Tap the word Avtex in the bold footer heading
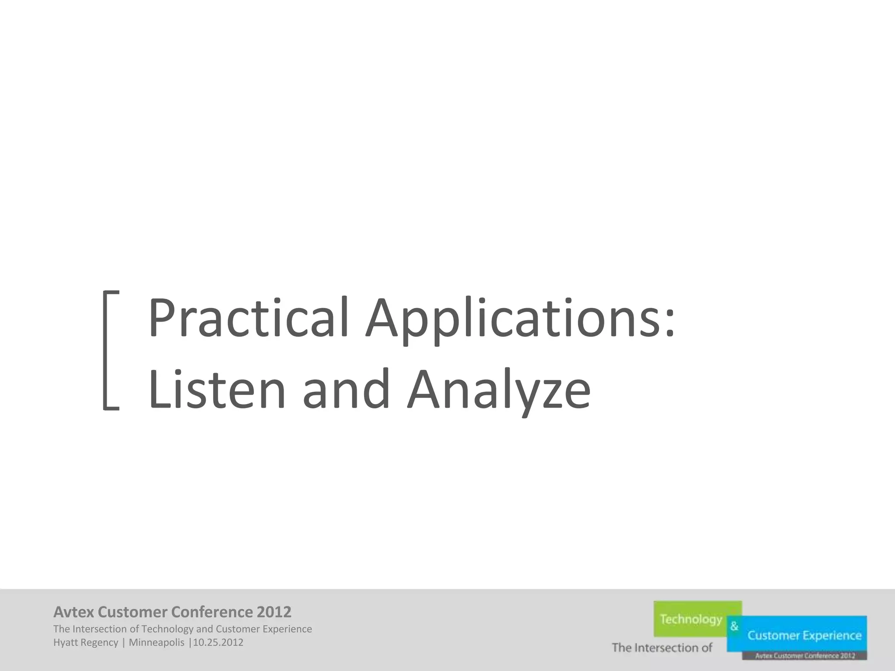[x=73, y=612]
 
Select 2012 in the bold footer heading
[x=274, y=612]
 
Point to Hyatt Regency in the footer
[x=86, y=643]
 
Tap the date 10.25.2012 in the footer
[x=218, y=643]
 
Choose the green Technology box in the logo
[x=690, y=619]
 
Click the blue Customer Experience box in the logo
[x=804, y=635]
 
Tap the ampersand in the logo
[x=734, y=626]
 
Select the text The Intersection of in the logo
[x=662, y=647]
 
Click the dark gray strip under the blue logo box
[x=804, y=656]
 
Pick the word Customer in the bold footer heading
[x=132, y=612]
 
